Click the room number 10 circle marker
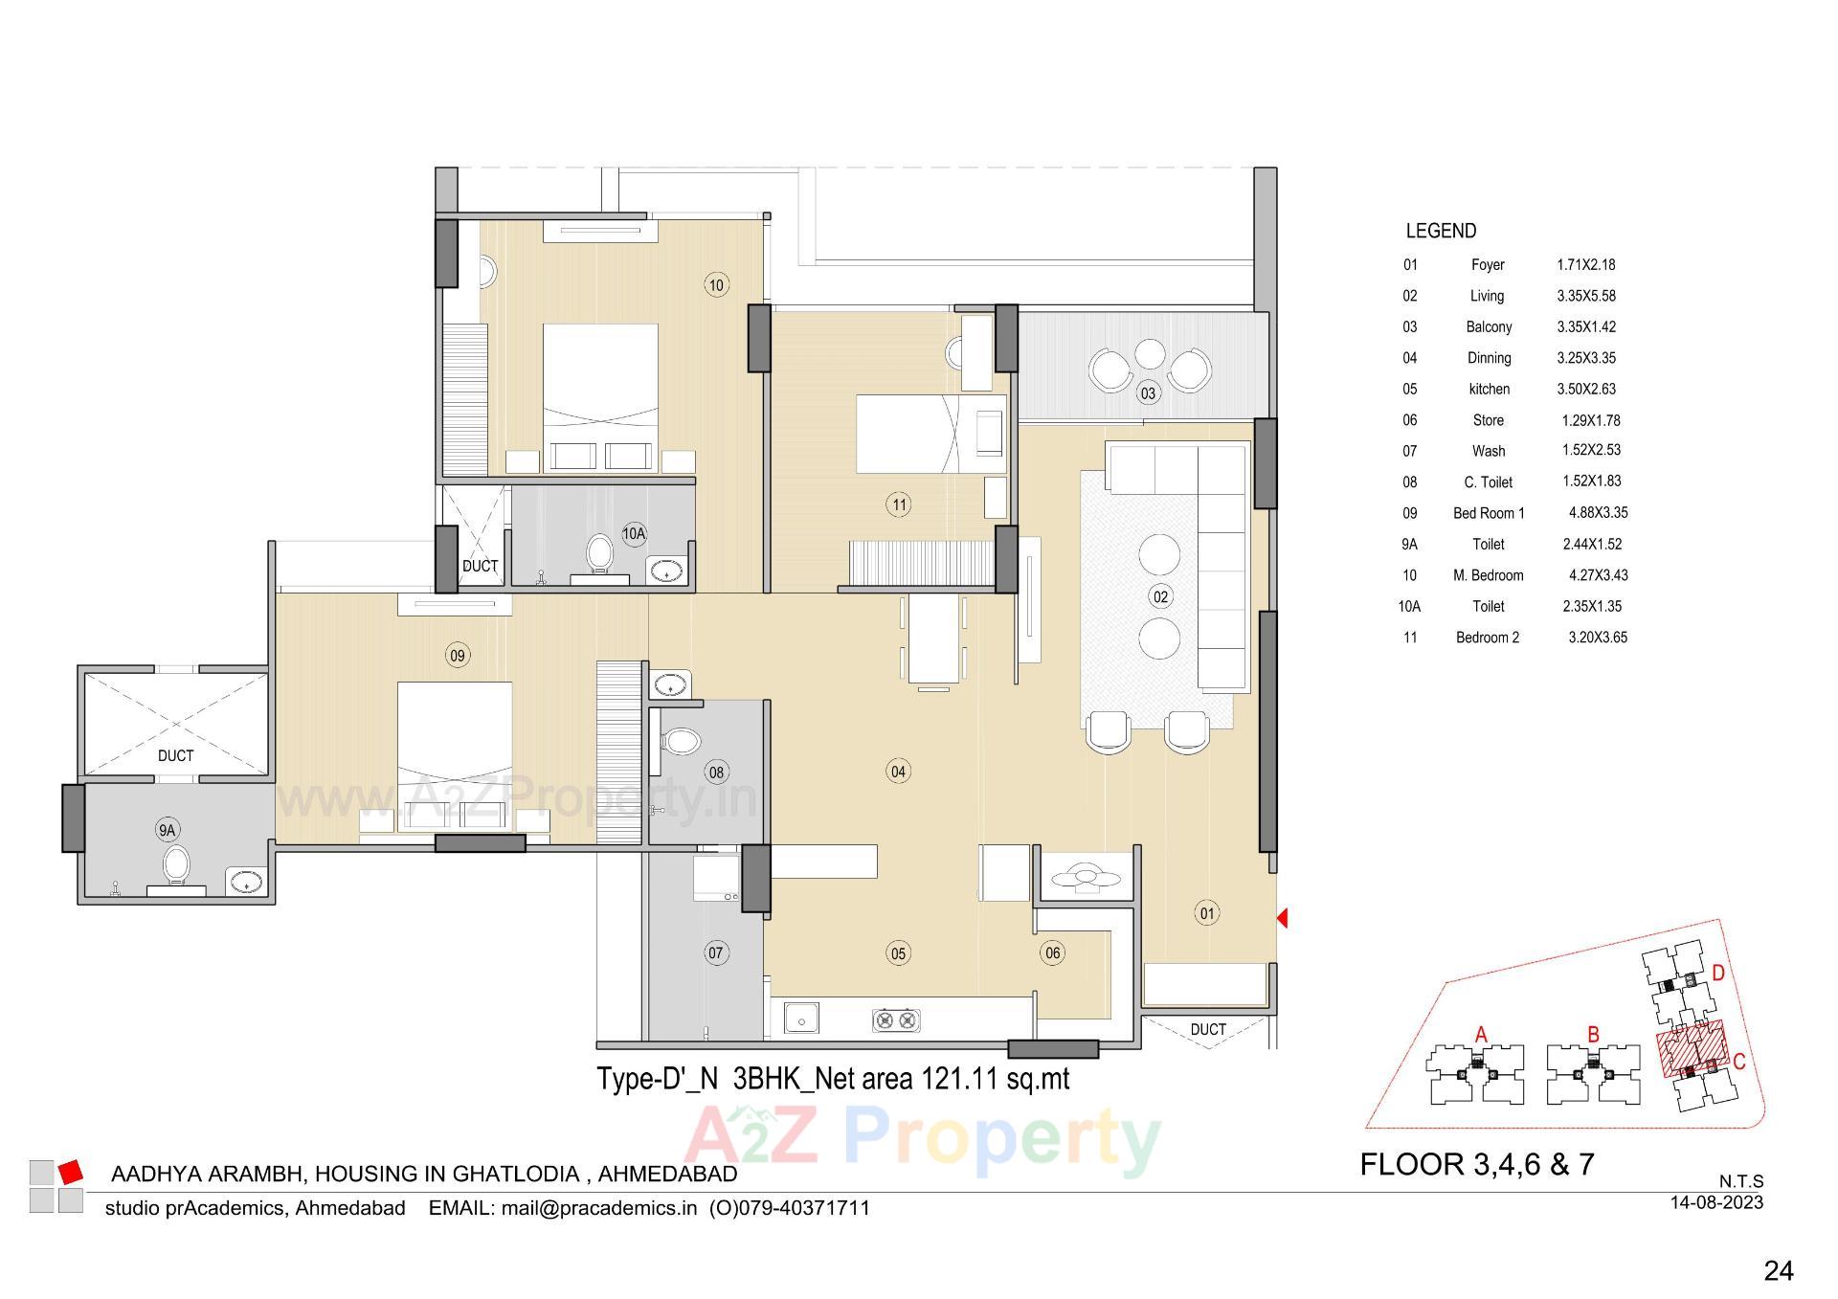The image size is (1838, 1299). pyautogui.click(x=715, y=284)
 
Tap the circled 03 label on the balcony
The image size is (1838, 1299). pyautogui.click(x=1147, y=392)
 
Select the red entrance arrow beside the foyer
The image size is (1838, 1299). pyautogui.click(x=1283, y=918)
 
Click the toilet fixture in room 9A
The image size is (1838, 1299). pyautogui.click(x=175, y=864)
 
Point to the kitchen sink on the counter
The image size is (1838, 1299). pyautogui.click(x=801, y=1019)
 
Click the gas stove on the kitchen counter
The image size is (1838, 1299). pyautogui.click(x=896, y=1020)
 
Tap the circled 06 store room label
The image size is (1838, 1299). pyautogui.click(x=1052, y=952)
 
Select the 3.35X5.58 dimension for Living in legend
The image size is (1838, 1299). pyautogui.click(x=1585, y=296)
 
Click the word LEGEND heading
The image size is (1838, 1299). pyautogui.click(x=1441, y=231)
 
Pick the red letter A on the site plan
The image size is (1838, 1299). pyautogui.click(x=1481, y=1034)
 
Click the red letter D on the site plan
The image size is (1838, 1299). pyautogui.click(x=1718, y=974)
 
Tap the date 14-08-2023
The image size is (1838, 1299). pyautogui.click(x=1716, y=1202)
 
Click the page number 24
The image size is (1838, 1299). pyautogui.click(x=1778, y=1270)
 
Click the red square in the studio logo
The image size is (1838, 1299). pyautogui.click(x=71, y=1172)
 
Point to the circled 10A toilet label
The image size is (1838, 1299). pyautogui.click(x=634, y=533)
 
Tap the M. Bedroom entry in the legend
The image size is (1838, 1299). pyautogui.click(x=1488, y=575)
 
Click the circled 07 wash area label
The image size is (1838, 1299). pyautogui.click(x=715, y=952)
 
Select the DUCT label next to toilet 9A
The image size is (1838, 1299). pyautogui.click(x=175, y=755)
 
